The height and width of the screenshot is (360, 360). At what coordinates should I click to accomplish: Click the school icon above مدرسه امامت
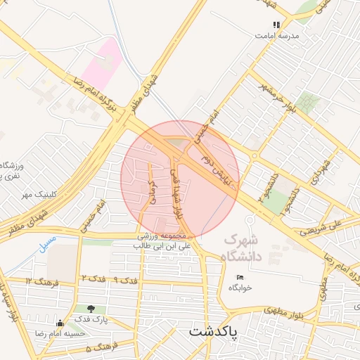coord(276,25)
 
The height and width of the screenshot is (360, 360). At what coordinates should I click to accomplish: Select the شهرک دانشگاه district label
coord(243,248)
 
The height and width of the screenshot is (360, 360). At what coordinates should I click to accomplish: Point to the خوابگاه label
coord(240,288)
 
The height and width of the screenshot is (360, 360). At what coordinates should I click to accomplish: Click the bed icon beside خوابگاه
coord(240,278)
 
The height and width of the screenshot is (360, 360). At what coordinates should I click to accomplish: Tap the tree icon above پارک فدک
coord(91,309)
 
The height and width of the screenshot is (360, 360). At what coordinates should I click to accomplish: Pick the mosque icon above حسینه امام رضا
coord(60,323)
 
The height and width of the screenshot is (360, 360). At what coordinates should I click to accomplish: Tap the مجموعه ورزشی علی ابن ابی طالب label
coord(166,243)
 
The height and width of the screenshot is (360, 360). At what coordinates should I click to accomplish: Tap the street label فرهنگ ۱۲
coord(39,281)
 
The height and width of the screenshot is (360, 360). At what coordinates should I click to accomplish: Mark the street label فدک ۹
coord(126,281)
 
